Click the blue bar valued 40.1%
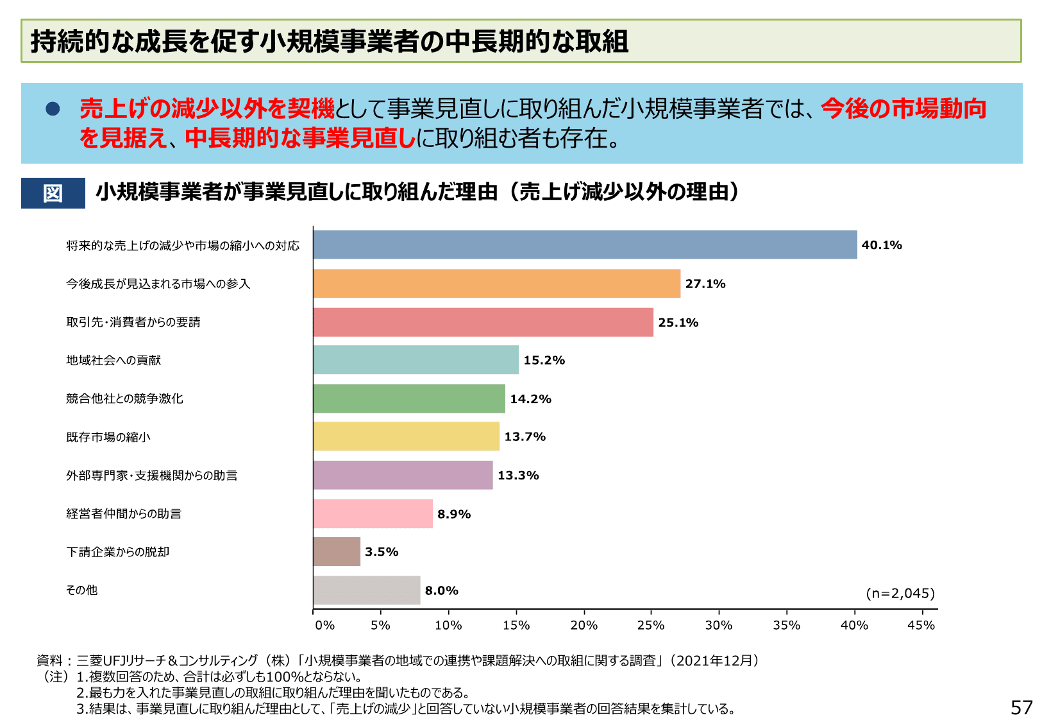[x=585, y=245]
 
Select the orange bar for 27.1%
[x=497, y=284]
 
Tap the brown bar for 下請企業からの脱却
[x=337, y=552]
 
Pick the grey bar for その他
[x=367, y=590]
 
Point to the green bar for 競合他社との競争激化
[x=409, y=399]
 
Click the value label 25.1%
[x=678, y=322]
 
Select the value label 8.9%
[x=454, y=514]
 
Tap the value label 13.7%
[x=525, y=437]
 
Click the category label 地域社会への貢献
[x=113, y=361]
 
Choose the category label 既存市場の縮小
[x=108, y=437]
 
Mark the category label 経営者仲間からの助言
[x=124, y=514]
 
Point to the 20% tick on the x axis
[x=584, y=625]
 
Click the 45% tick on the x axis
[x=921, y=625]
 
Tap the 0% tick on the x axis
[x=324, y=625]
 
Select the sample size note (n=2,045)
[x=900, y=594]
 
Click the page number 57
[x=1021, y=707]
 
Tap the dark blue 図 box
[x=53, y=193]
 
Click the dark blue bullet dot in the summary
[x=53, y=109]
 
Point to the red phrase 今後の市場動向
[x=903, y=109]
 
